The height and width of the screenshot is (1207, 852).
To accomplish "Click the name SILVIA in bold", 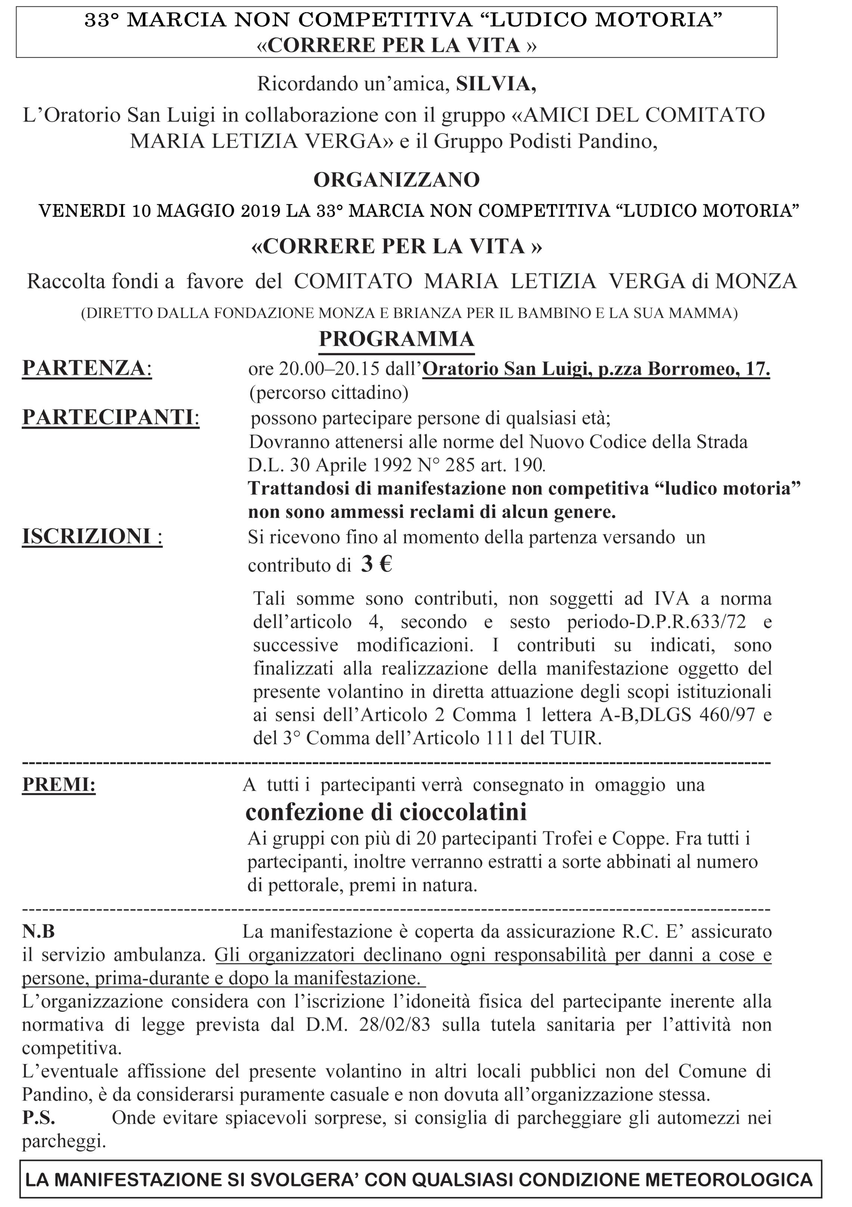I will [x=495, y=84].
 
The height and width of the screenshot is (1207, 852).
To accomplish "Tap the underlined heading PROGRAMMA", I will [x=396, y=339].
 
